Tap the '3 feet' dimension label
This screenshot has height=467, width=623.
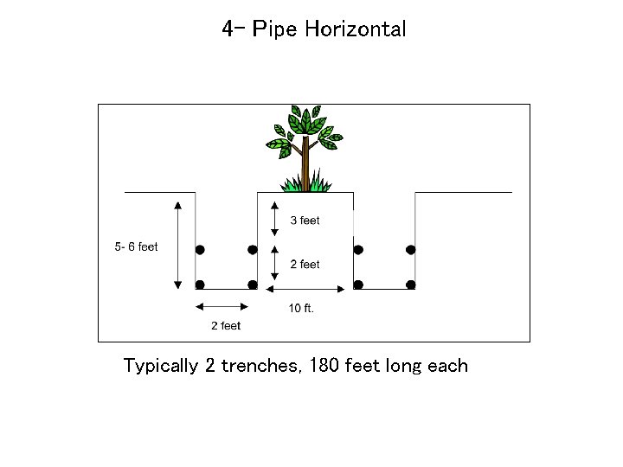coord(305,221)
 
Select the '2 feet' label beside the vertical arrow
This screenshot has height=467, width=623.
coord(305,265)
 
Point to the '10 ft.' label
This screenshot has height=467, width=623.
coord(301,309)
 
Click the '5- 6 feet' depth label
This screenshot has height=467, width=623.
coord(137,247)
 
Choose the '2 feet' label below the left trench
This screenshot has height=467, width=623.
coord(226,326)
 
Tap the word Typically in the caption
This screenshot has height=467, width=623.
coord(161,367)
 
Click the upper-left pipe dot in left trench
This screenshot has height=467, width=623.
coord(200,250)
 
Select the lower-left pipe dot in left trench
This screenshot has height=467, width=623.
coord(200,285)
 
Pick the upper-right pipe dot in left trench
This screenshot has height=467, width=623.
coord(253,250)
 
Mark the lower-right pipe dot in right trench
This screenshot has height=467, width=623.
coord(411,285)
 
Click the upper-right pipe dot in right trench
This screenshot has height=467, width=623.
coord(411,250)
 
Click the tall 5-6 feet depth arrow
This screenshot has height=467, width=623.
coord(177,245)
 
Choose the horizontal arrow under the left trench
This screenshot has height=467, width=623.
coord(222,305)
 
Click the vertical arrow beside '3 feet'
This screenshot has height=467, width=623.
coord(274,219)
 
